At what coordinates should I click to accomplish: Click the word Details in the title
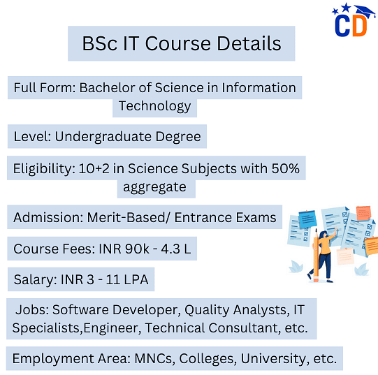(x=249, y=43)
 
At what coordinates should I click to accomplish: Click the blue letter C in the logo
(x=342, y=26)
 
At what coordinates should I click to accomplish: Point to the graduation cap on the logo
(x=365, y=11)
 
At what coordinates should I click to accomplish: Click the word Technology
(x=155, y=106)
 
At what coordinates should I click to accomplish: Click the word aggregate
(x=155, y=187)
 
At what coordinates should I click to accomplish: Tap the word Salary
(x=35, y=280)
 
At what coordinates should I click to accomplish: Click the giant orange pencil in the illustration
(x=316, y=257)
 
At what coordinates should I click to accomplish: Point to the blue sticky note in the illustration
(x=307, y=219)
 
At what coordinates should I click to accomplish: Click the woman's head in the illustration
(x=323, y=235)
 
